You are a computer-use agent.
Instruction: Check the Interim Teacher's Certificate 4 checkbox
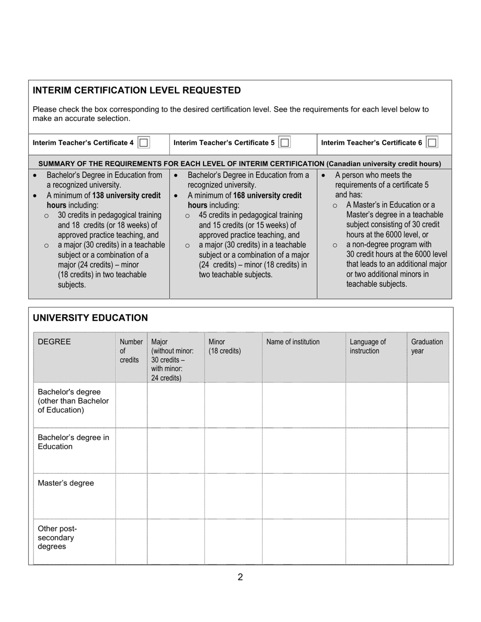click(143, 143)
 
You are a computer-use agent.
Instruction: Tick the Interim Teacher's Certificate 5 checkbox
click(285, 143)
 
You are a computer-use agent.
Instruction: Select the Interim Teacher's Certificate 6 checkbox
click(432, 143)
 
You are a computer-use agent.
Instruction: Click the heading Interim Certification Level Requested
click(137, 91)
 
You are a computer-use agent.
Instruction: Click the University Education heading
click(90, 318)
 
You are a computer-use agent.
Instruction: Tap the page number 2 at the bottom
click(240, 577)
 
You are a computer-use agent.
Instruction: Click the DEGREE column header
click(54, 342)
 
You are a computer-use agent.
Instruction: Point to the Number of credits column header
click(131, 351)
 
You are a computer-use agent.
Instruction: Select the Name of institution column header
click(293, 342)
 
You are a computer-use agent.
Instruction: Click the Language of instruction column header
click(368, 346)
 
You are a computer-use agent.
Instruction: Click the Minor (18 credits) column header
click(224, 346)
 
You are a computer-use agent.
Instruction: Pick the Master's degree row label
click(66, 483)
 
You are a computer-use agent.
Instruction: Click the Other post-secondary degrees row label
click(57, 538)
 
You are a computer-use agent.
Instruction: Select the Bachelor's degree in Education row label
click(73, 442)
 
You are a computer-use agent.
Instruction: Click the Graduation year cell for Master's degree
click(427, 496)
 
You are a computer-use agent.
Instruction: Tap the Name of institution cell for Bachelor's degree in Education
click(304, 450)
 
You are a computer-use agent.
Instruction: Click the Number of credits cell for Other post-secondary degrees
click(131, 541)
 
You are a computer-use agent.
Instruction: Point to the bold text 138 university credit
click(127, 195)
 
